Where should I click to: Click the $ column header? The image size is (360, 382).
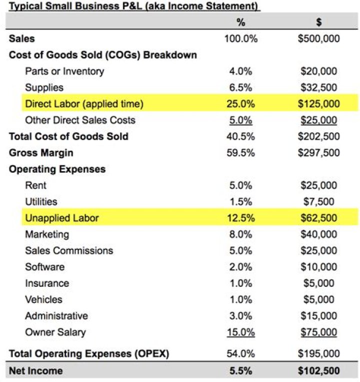[x=318, y=23]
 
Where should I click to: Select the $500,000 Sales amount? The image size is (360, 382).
[x=318, y=39]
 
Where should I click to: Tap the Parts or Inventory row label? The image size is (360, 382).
[x=64, y=71]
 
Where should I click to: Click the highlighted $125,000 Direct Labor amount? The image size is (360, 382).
[x=318, y=104]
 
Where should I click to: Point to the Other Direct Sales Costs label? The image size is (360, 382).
[x=80, y=120]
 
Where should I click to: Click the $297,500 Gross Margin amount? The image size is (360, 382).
[x=318, y=153]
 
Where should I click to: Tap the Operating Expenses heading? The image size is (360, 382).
[x=57, y=169]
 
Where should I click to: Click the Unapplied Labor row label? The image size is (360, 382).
[x=62, y=218]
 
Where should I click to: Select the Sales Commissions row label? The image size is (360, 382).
[x=69, y=250]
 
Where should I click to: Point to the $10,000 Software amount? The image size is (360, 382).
[x=318, y=267]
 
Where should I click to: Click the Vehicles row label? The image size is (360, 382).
[x=43, y=299]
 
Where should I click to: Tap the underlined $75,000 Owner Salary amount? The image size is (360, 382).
[x=318, y=332]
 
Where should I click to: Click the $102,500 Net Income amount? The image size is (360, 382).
[x=318, y=371]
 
